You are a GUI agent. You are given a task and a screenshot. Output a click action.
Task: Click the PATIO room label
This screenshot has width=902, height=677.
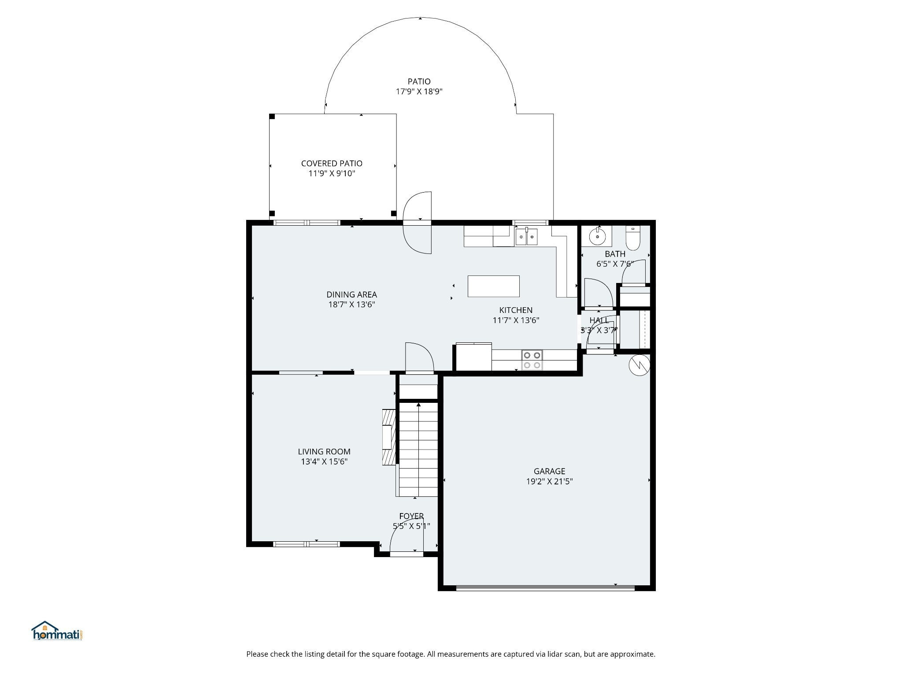(419, 82)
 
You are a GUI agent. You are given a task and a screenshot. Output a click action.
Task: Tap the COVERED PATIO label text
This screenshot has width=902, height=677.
(332, 164)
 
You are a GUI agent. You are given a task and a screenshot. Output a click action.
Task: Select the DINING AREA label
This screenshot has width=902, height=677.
(351, 294)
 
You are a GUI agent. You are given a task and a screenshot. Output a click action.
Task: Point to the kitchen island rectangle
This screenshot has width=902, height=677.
(493, 286)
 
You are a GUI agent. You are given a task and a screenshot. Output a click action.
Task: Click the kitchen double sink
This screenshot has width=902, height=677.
(526, 236)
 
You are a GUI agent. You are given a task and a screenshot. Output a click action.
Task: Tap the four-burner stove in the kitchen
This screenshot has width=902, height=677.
(532, 360)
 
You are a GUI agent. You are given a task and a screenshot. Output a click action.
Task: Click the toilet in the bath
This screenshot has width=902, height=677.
(632, 238)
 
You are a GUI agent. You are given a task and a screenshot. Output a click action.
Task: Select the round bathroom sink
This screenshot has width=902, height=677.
(598, 237)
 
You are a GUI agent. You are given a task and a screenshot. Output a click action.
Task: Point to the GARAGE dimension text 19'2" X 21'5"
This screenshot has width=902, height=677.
(549, 482)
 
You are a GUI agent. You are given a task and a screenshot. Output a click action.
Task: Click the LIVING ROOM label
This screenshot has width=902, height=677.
(324, 451)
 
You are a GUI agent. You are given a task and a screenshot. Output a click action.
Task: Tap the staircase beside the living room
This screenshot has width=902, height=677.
(418, 450)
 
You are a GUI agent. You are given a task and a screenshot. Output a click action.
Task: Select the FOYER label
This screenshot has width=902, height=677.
(411, 516)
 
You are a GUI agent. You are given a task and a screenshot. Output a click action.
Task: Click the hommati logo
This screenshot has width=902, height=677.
(58, 631)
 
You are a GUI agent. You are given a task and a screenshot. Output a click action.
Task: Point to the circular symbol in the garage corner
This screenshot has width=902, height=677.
(639, 365)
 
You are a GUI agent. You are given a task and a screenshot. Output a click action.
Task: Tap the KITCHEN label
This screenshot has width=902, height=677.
(516, 310)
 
